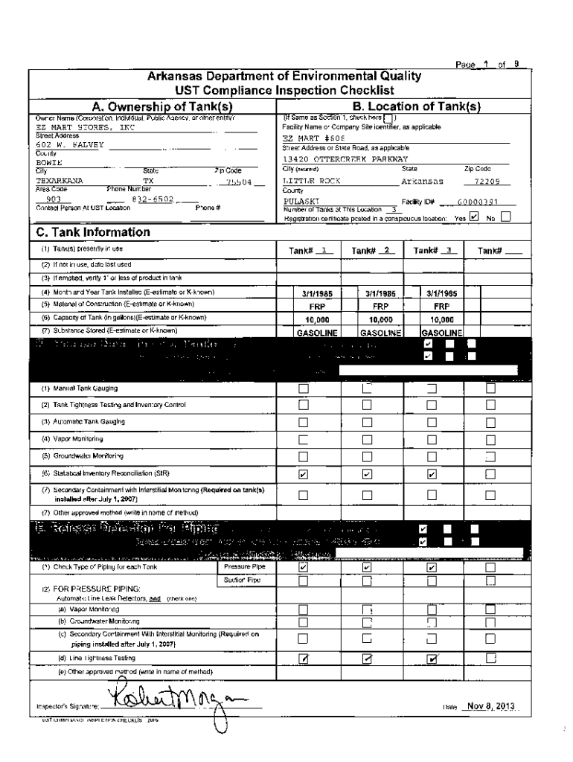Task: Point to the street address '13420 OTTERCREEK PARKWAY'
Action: (345, 159)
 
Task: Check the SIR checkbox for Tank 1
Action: (303, 473)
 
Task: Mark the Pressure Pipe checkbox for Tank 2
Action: (367, 567)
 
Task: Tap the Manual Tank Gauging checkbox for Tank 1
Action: (303, 388)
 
